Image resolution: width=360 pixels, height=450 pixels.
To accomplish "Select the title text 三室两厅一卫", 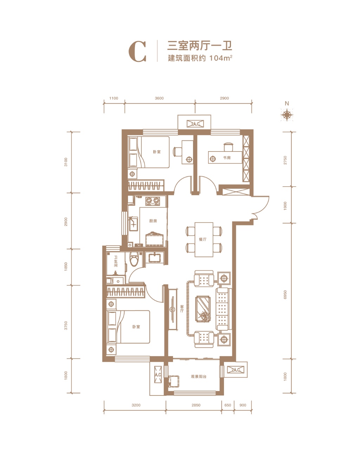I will (x=199, y=46).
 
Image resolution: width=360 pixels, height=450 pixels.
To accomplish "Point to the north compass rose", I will (x=287, y=115).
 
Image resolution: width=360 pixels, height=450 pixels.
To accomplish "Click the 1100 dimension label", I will (x=114, y=98).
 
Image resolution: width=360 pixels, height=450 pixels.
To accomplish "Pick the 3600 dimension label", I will (x=159, y=98).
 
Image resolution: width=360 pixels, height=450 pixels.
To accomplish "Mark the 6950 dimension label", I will (x=285, y=295).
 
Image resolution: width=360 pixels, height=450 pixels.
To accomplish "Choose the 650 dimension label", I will (x=228, y=405).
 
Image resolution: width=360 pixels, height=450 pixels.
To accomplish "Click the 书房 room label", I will (x=227, y=158).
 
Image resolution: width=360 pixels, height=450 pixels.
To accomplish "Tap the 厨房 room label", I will (x=153, y=221).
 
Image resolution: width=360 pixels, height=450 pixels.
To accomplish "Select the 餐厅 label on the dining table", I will (x=202, y=239).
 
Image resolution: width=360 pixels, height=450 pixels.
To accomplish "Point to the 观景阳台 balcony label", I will (x=199, y=377).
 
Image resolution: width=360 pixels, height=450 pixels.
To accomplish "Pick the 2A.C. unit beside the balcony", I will (x=235, y=370).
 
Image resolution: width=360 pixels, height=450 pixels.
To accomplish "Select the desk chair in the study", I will (x=228, y=145).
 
